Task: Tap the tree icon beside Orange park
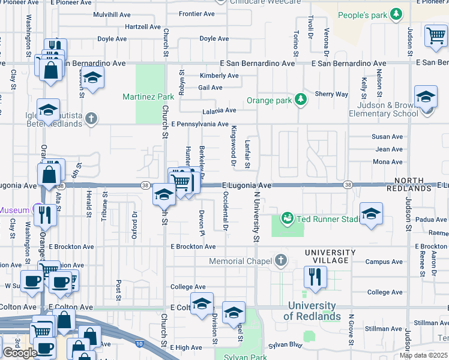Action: [301, 100]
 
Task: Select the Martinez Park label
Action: [148, 97]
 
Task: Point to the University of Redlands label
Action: [312, 311]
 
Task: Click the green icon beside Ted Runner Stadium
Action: [288, 219]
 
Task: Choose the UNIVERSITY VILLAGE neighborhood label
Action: [327, 257]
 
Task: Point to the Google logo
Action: [20, 353]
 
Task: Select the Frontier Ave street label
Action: [196, 14]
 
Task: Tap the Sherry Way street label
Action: [331, 94]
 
